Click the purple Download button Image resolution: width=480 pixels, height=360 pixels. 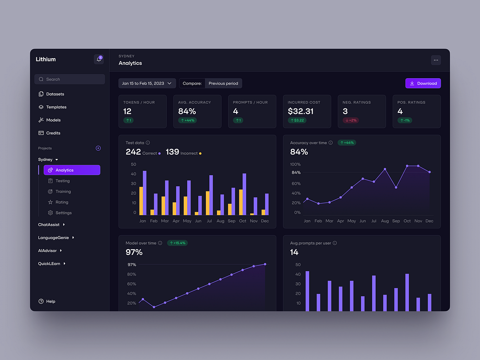423,84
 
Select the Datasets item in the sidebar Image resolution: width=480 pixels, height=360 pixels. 55,94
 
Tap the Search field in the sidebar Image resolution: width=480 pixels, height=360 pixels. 70,79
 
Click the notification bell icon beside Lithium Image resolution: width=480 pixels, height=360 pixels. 99,60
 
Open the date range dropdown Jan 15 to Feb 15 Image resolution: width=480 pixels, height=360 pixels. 147,84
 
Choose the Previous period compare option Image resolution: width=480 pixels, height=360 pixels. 223,84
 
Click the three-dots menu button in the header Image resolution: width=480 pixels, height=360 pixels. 435,60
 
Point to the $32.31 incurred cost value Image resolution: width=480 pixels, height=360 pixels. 300,111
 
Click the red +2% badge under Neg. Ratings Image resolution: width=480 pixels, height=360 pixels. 351,120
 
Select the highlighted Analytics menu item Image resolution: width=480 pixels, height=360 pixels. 72,170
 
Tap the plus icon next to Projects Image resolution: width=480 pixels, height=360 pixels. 98,148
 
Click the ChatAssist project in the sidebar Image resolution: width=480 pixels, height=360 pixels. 48,225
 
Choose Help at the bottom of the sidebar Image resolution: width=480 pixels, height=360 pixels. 50,301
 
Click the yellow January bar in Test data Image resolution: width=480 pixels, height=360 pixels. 141,201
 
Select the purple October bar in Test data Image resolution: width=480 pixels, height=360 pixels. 244,194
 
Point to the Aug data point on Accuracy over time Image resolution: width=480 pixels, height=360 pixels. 385,169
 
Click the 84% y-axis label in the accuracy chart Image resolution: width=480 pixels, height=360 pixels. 296,173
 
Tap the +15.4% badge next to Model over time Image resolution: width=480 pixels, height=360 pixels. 177,243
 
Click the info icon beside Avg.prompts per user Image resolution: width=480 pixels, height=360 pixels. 335,243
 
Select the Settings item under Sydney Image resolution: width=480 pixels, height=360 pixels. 63,213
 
